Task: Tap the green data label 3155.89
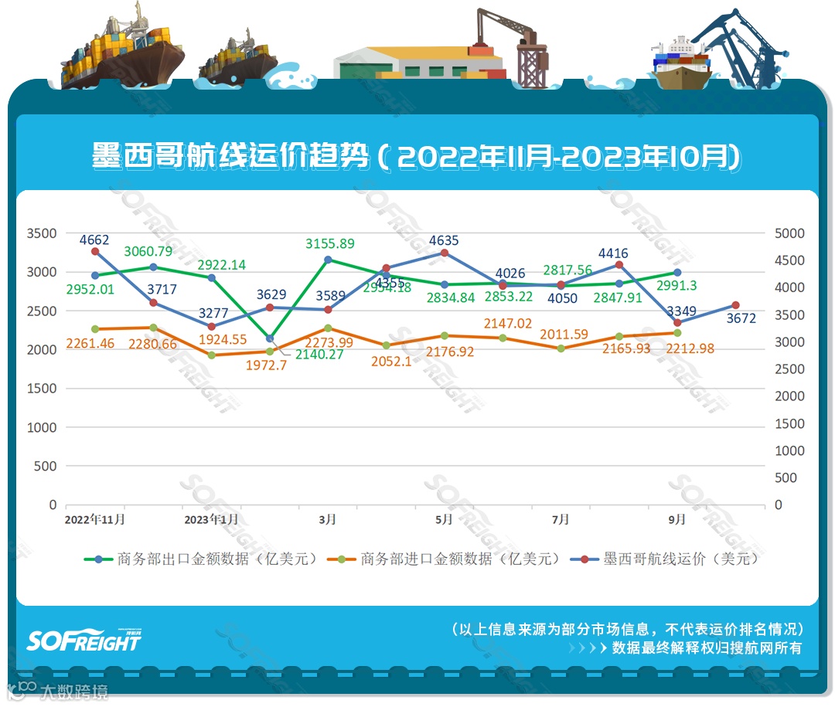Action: [329, 243]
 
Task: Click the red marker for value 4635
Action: [445, 253]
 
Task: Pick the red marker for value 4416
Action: [619, 265]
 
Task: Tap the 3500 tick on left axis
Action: [42, 233]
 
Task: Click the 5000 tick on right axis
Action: [790, 233]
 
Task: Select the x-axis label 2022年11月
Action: [94, 519]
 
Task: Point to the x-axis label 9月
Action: [677, 519]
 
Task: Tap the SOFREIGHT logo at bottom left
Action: [84, 640]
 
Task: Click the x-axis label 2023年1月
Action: [211, 519]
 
